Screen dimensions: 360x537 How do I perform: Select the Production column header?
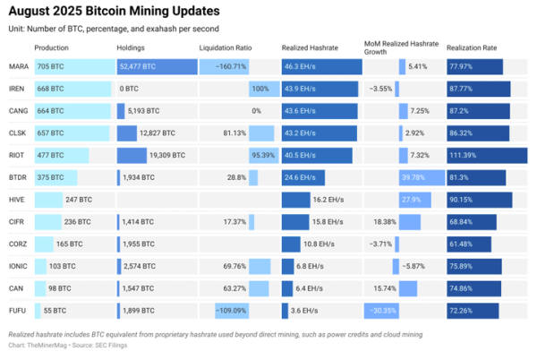[52, 47]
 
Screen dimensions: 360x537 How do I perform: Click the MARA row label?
[17, 66]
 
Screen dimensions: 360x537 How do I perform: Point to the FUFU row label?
[17, 310]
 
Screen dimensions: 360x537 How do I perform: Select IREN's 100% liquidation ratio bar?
[260, 89]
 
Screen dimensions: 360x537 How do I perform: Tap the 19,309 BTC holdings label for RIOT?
[165, 155]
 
